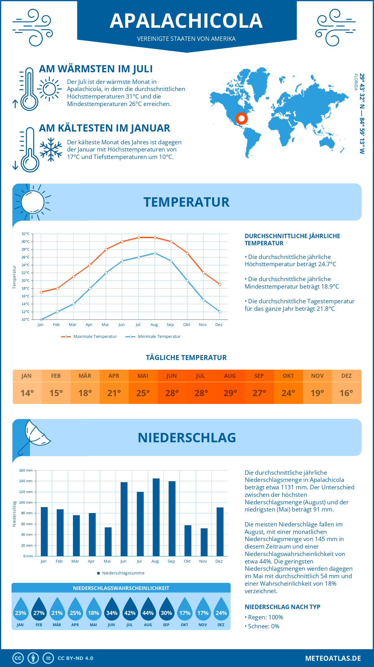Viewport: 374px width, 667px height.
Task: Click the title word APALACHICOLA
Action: pos(186,21)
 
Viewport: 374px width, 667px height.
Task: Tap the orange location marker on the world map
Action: pos(241,118)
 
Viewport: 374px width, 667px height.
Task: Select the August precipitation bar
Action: pos(156,517)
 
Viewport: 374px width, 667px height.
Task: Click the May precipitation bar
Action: pos(108,541)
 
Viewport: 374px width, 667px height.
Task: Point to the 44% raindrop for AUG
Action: pos(148,609)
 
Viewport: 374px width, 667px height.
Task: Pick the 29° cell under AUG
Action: pos(230,393)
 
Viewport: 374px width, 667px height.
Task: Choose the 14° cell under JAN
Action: pos(27,393)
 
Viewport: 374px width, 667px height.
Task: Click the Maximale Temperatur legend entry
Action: pos(89,337)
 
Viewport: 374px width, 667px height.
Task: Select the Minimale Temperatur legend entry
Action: pos(153,337)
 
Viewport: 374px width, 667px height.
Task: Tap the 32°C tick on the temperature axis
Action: pos(26,234)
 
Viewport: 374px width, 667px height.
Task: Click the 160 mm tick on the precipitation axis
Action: pos(26,470)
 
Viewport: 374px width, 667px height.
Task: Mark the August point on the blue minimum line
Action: pos(155,253)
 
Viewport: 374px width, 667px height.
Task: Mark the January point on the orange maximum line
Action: pos(41,292)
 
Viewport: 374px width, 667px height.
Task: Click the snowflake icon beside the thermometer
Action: pos(51,150)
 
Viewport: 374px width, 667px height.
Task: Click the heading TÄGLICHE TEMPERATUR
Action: pos(186,357)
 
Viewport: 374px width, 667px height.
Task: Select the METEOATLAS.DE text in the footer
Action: pos(333,658)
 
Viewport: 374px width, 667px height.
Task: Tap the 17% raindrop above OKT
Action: pos(185,609)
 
